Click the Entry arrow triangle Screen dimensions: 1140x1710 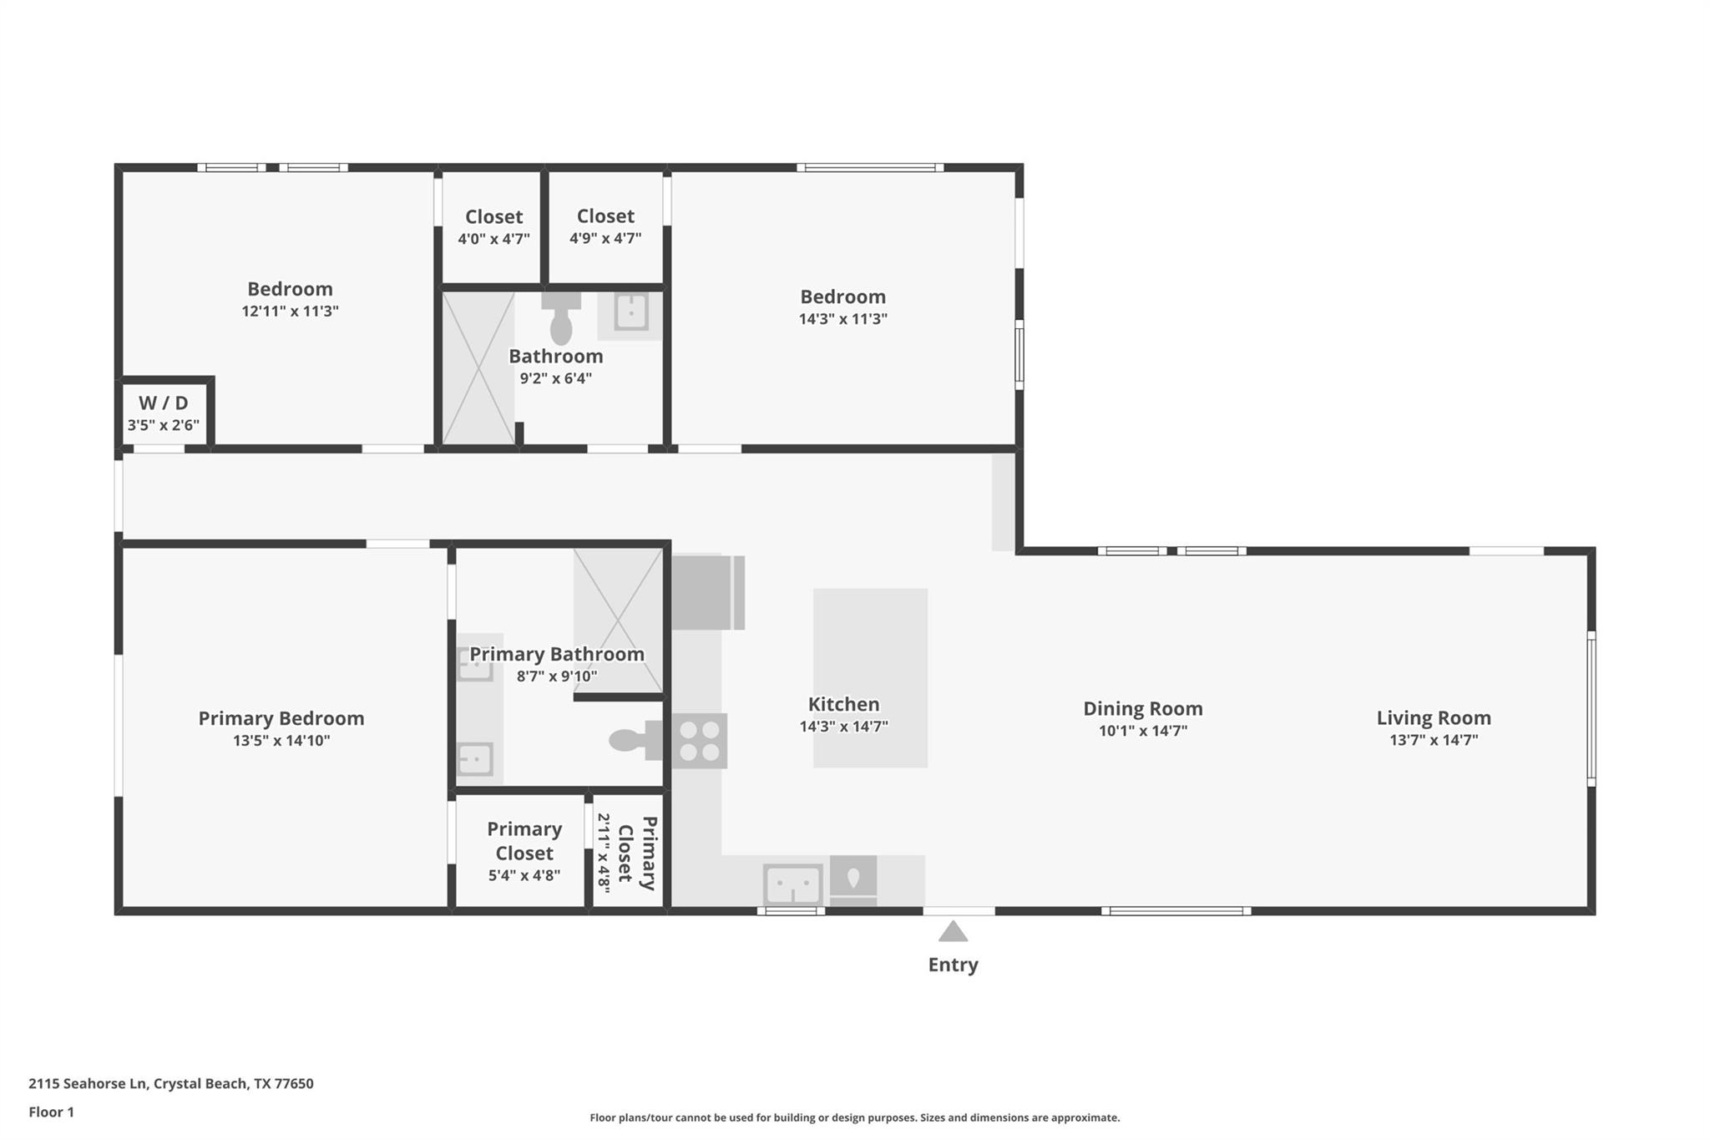point(953,932)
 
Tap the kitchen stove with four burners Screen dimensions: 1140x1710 point(700,741)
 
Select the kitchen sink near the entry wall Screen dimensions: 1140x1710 point(792,884)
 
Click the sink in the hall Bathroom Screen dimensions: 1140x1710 point(631,312)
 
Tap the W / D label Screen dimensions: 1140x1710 point(163,403)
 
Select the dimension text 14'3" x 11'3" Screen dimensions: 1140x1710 point(842,319)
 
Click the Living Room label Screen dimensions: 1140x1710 point(1433,717)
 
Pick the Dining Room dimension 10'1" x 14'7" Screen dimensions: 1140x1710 point(1142,731)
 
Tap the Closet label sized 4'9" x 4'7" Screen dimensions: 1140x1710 point(605,217)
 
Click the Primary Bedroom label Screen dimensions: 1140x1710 point(281,718)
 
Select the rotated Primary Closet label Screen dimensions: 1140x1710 point(637,853)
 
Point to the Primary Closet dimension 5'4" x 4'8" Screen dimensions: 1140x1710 point(524,875)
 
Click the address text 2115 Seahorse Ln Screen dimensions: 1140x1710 point(88,1084)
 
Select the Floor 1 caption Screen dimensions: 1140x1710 point(51,1112)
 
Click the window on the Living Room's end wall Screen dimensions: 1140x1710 point(1591,708)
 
